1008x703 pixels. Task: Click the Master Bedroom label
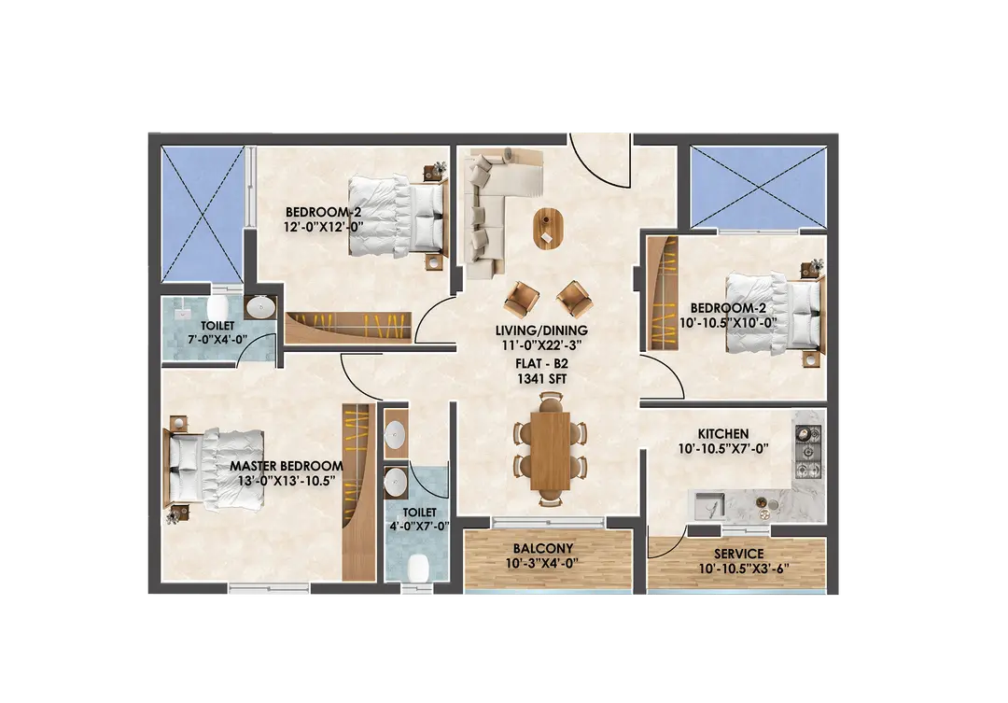pyautogui.click(x=287, y=466)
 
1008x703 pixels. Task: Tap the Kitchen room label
pyautogui.click(x=723, y=434)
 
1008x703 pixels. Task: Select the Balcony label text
pyautogui.click(x=542, y=549)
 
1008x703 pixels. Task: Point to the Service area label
pyautogui.click(x=738, y=554)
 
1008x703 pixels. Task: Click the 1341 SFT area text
pyautogui.click(x=542, y=379)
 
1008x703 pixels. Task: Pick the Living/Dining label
pyautogui.click(x=541, y=330)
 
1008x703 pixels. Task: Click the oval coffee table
pyautogui.click(x=547, y=229)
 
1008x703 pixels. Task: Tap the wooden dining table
pyautogui.click(x=551, y=450)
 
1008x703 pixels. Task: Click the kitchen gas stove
pyautogui.click(x=809, y=452)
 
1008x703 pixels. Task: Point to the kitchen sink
pyautogui.click(x=707, y=505)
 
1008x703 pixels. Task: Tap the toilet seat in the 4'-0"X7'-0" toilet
pyautogui.click(x=418, y=568)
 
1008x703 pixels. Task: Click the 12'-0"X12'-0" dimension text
pyautogui.click(x=323, y=227)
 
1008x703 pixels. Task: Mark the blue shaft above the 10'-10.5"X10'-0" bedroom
pyautogui.click(x=758, y=187)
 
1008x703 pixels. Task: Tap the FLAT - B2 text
pyautogui.click(x=542, y=364)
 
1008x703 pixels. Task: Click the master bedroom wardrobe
pyautogui.click(x=358, y=492)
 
